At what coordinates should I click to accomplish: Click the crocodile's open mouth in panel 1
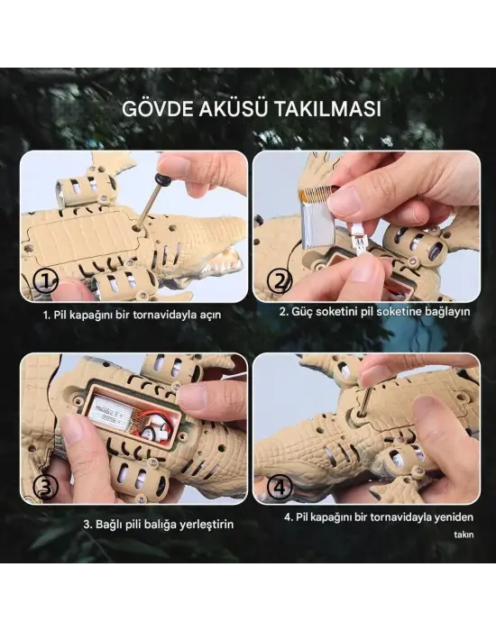[225, 261]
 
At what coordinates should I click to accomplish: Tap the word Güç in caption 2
[301, 311]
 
